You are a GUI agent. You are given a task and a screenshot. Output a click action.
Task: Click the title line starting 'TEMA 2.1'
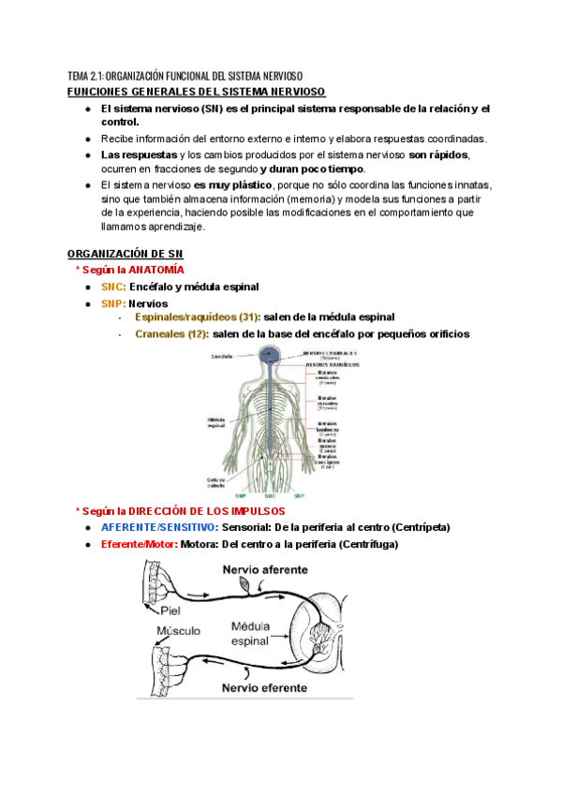(x=185, y=76)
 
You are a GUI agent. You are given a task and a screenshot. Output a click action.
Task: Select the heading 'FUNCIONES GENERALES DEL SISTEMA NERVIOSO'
(x=197, y=91)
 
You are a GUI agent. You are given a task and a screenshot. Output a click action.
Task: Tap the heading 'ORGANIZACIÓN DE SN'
(x=126, y=254)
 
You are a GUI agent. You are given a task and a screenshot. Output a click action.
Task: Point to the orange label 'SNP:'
(x=113, y=303)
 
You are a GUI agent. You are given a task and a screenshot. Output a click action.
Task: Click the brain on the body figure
(x=270, y=356)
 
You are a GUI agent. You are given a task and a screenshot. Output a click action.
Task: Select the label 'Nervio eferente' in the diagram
(x=264, y=687)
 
